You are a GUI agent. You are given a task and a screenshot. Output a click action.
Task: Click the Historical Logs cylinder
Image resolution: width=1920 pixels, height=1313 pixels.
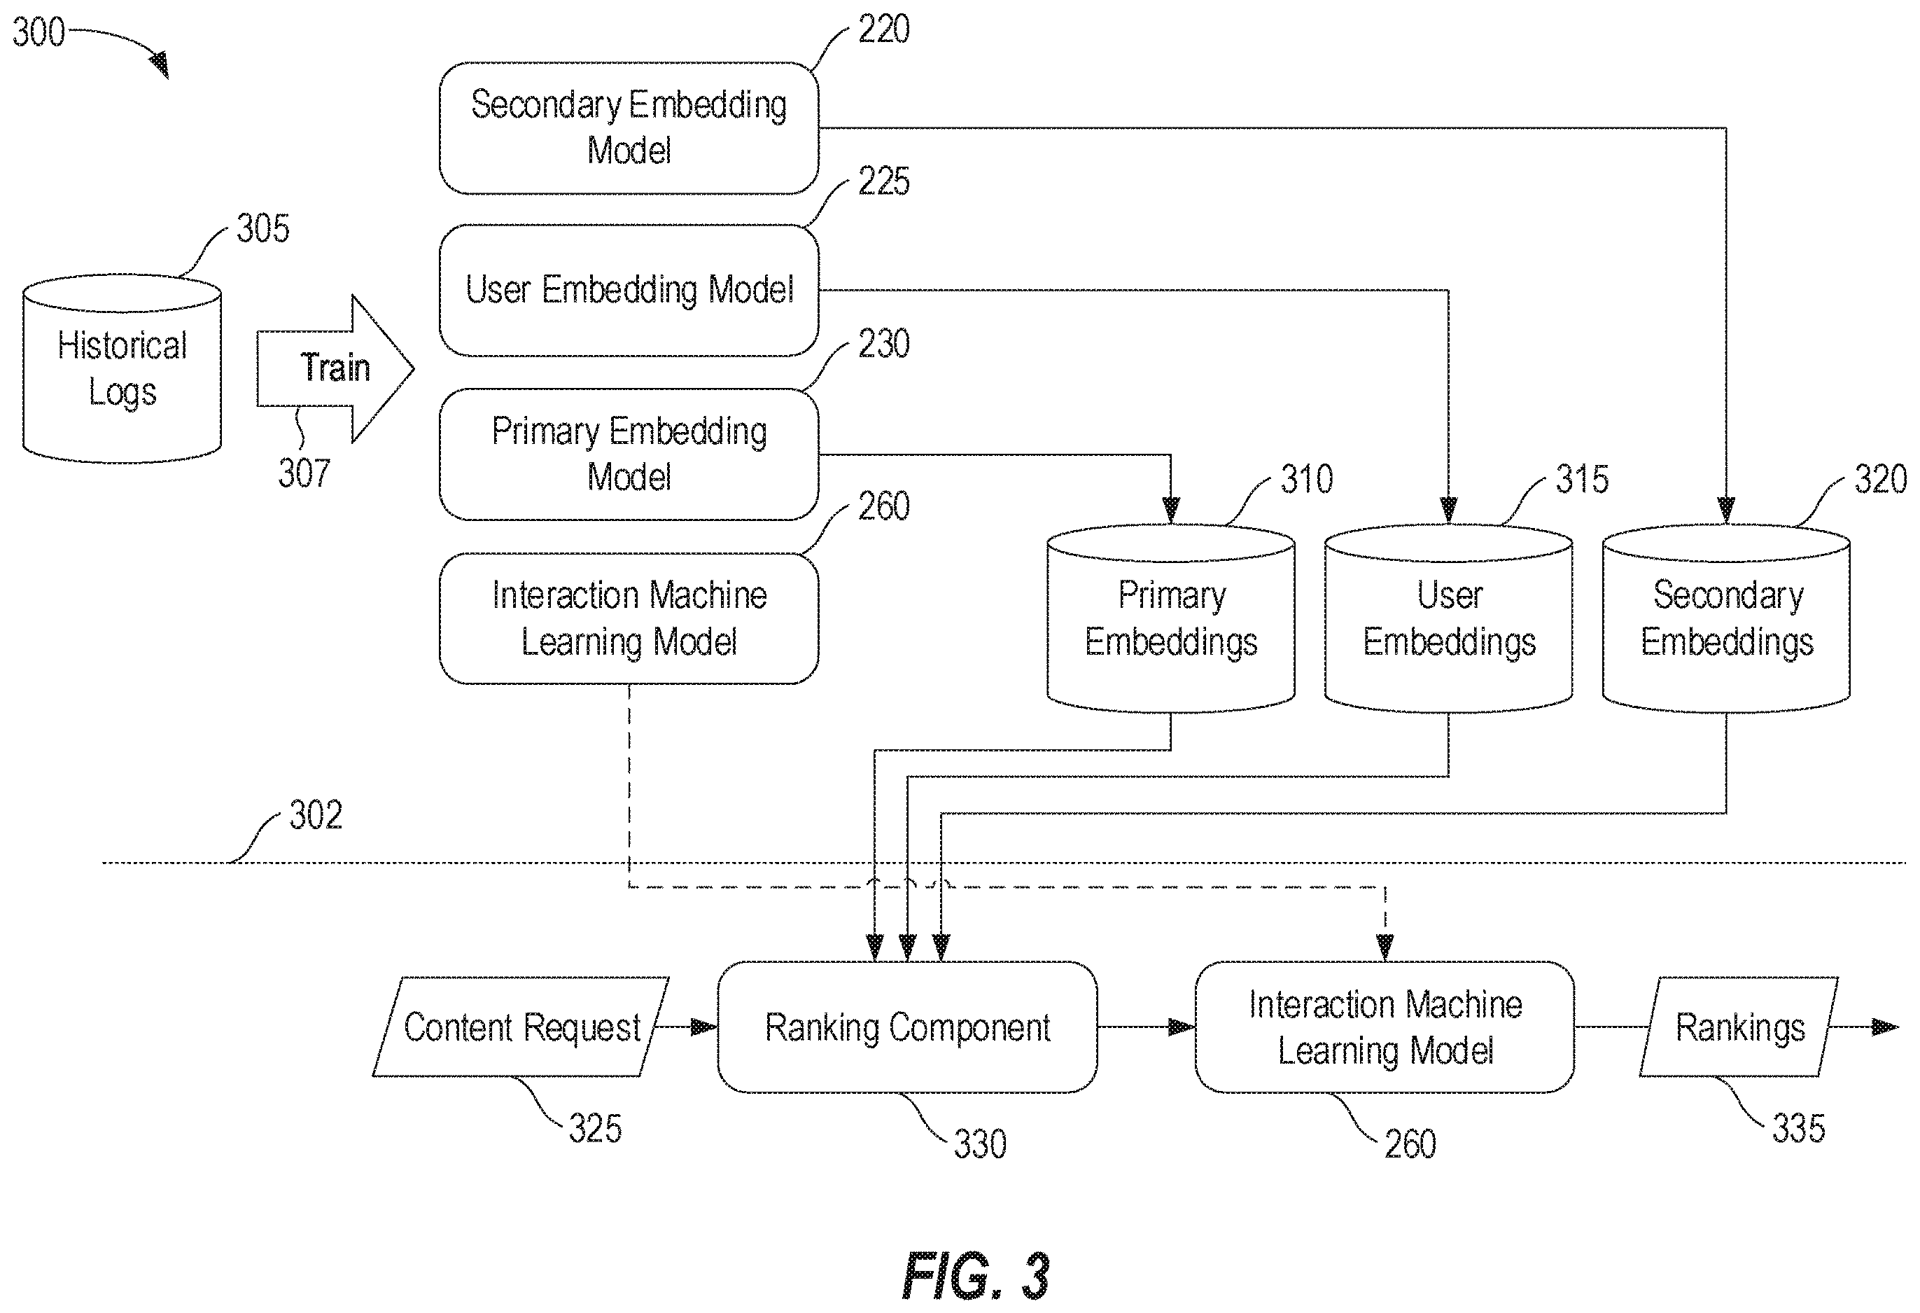point(122,368)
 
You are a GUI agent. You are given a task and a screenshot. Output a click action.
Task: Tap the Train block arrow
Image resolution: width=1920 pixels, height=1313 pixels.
point(335,368)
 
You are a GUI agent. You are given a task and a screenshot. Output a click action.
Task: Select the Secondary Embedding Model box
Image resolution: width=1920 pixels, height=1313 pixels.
point(629,128)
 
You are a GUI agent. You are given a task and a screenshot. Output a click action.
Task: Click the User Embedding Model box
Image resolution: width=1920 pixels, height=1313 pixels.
point(629,290)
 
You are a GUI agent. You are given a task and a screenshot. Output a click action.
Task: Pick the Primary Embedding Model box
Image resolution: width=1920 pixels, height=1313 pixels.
point(629,454)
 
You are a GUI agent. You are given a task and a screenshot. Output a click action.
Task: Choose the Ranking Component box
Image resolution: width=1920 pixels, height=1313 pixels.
point(907,1027)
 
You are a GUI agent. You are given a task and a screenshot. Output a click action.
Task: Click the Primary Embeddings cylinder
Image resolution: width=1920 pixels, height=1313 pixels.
point(1170,618)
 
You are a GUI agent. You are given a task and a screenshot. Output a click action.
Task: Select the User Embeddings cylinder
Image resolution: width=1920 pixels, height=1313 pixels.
point(1448,618)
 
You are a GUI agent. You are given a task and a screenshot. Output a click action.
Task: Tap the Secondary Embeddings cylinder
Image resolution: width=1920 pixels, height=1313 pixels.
point(1726,618)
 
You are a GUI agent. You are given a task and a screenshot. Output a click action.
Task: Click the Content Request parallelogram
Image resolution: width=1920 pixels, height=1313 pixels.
point(521,1027)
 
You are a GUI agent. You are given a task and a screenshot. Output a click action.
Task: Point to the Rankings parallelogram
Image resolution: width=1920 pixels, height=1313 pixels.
point(1739,1027)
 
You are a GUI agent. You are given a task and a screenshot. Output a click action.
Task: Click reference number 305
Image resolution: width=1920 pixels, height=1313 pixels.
point(262,228)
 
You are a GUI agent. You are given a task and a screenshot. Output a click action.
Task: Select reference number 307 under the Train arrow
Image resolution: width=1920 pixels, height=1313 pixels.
point(304,473)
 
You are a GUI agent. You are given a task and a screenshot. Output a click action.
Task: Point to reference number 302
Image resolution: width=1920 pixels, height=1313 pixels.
point(316,816)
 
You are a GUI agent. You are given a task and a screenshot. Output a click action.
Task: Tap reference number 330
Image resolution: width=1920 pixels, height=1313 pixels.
point(981,1144)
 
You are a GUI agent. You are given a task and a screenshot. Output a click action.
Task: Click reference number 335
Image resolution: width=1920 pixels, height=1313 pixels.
point(1798,1129)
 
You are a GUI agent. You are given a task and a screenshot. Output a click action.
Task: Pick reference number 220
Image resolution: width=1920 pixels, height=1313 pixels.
point(884,29)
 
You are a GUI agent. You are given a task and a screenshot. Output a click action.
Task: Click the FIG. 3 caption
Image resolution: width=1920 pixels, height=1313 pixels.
point(976,1277)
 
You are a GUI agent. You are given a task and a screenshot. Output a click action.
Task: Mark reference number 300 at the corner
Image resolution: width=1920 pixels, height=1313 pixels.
point(38,32)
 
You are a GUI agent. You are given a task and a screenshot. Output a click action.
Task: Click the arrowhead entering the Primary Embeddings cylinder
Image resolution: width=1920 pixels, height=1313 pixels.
point(1170,510)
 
